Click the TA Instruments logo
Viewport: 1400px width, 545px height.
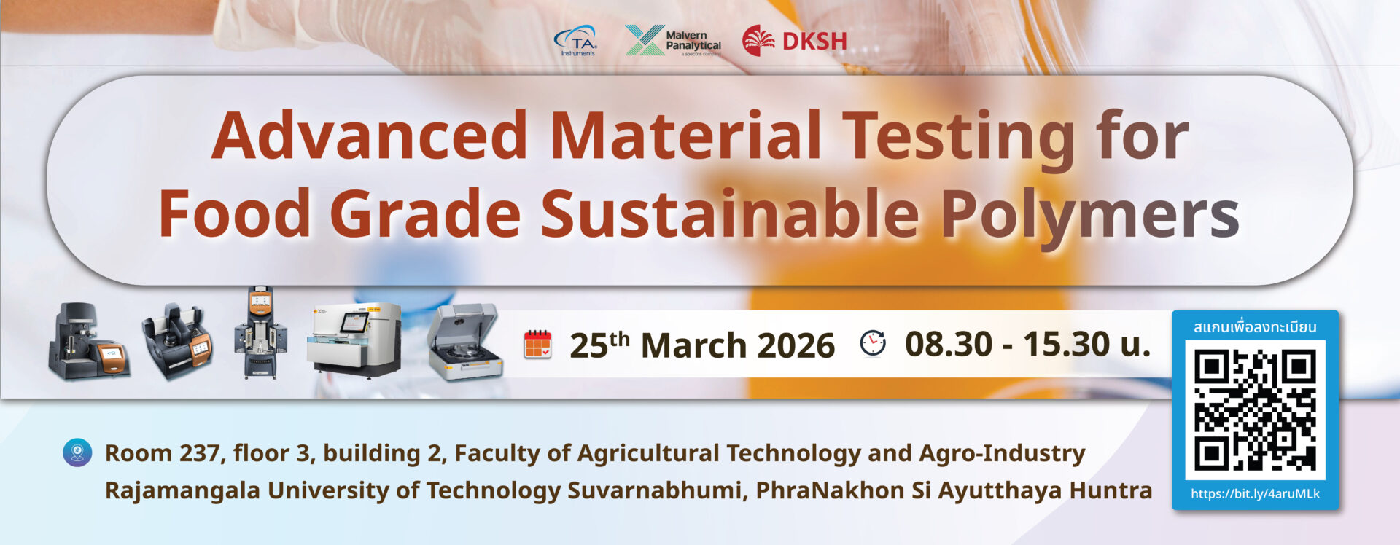tap(576, 41)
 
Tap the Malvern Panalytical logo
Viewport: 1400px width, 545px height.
tap(673, 41)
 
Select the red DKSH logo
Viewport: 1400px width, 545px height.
tap(794, 41)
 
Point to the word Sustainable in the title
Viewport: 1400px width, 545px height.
tap(730, 213)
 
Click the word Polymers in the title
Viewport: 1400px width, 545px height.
tap(1090, 215)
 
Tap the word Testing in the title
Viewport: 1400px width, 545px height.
tap(959, 138)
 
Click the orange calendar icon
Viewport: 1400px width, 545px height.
tap(537, 344)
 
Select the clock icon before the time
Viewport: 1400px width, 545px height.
tap(873, 343)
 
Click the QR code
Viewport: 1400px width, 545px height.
tap(1255, 410)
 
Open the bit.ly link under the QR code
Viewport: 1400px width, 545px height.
tap(1255, 493)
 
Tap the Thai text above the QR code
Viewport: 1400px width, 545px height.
tap(1255, 326)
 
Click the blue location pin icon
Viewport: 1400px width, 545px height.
tap(77, 452)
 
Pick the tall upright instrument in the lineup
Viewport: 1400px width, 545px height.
tap(261, 332)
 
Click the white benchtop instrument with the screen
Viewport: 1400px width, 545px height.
tap(354, 339)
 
